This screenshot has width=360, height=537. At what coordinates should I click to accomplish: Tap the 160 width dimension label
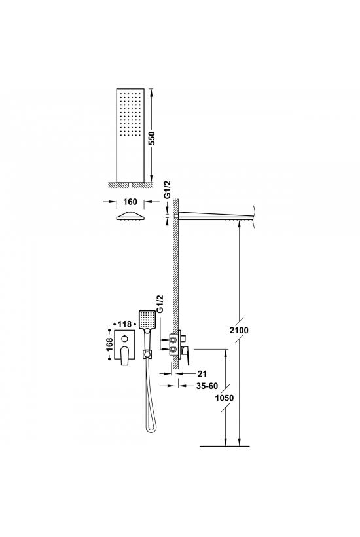[130, 202]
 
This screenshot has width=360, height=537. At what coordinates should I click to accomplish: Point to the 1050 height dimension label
[224, 398]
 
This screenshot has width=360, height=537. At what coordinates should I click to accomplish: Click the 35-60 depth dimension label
[207, 386]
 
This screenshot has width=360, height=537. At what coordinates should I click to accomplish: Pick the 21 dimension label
[202, 374]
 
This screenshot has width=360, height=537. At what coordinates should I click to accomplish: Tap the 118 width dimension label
[125, 324]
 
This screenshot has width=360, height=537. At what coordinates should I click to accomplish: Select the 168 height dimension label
[109, 345]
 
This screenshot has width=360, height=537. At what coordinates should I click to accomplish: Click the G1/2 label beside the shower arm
[168, 191]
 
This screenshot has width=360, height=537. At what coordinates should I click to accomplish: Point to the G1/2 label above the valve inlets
[160, 304]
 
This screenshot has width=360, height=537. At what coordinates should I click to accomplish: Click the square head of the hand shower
[147, 319]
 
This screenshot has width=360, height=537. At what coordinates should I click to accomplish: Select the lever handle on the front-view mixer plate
[124, 356]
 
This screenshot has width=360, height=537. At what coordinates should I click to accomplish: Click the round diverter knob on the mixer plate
[124, 339]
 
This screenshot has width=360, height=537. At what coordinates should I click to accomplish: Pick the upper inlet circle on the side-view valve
[173, 340]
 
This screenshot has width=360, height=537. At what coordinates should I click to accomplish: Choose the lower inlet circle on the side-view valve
[173, 350]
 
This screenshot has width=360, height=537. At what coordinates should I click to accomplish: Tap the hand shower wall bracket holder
[147, 353]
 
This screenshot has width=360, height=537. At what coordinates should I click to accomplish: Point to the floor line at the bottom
[225, 446]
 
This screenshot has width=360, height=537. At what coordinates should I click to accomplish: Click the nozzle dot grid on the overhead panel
[130, 115]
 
